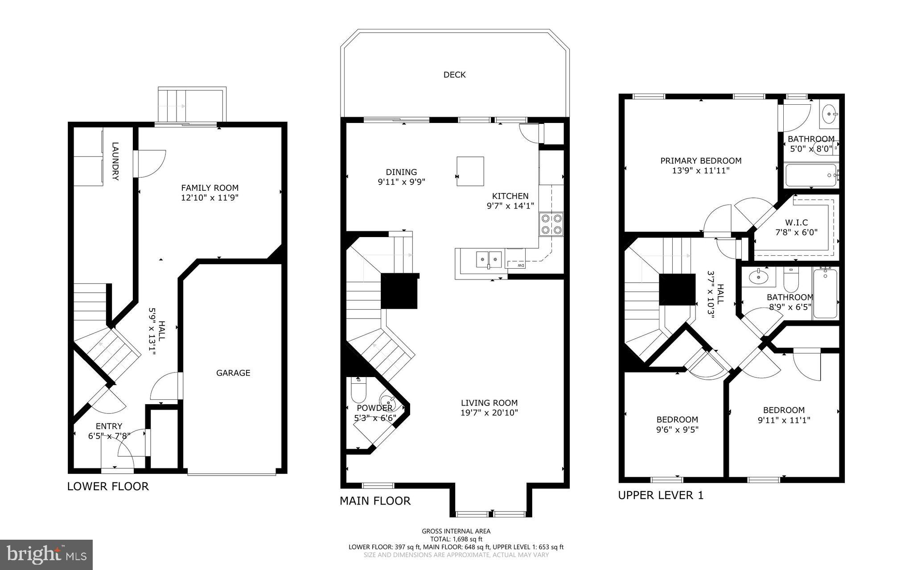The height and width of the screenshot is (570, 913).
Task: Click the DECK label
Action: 454,75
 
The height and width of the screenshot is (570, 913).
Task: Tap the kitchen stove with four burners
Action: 551,224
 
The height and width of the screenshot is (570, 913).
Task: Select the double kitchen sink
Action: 489,258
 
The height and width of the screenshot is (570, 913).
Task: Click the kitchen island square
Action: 470,171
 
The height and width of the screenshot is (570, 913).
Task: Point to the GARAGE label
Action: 233,373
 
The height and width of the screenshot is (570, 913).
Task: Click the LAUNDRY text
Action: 115,161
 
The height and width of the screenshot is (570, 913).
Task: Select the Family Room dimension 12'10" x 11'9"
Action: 210,198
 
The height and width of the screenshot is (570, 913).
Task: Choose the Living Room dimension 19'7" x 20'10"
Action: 489,413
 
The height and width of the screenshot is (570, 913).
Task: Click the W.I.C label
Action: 796,222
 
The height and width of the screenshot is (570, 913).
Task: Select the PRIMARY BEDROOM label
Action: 701,161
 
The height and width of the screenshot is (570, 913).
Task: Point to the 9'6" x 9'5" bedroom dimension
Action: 677,430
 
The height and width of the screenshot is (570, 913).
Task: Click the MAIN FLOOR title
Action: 375,501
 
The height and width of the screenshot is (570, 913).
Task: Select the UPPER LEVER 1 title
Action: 660,495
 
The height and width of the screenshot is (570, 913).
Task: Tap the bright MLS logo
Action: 46,554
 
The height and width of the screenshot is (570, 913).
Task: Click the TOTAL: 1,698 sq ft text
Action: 456,539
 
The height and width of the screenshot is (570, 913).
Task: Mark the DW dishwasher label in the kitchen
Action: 521,266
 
